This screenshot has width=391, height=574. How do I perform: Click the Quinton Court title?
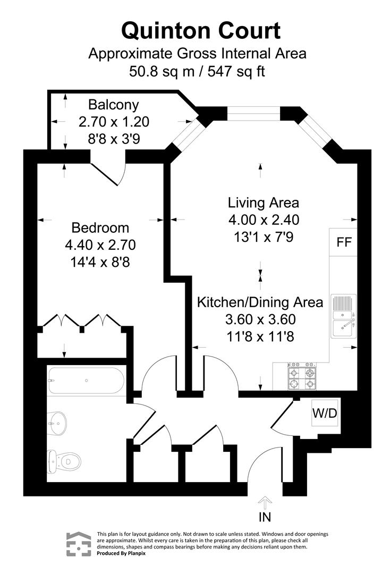click(x=201, y=30)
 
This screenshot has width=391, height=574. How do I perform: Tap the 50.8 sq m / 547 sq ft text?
click(x=197, y=71)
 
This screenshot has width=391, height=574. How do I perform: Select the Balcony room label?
click(x=114, y=104)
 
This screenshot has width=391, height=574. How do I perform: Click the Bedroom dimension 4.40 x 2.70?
click(x=100, y=245)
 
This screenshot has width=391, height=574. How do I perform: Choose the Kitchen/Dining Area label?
click(x=260, y=302)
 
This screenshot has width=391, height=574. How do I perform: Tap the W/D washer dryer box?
click(x=324, y=413)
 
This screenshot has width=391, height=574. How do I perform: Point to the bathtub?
click(x=86, y=381)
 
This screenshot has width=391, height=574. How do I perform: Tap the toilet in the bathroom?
click(x=64, y=460)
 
